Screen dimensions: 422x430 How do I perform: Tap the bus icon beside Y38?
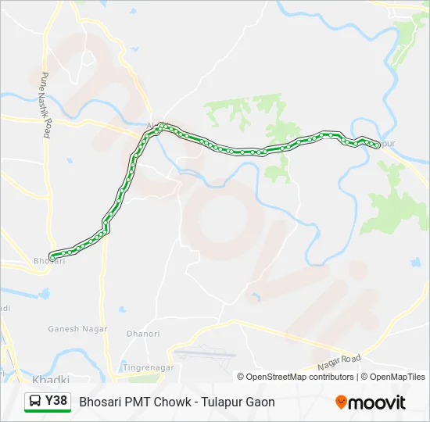pyautogui.click(x=36, y=402)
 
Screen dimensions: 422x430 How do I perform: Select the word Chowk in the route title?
pyautogui.click(x=164, y=402)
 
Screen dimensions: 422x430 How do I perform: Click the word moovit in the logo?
pyautogui.click(x=378, y=402)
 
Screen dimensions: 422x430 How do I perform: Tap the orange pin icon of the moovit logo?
pyautogui.click(x=341, y=402)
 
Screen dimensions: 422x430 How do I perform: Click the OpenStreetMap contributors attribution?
pyautogui.click(x=300, y=377)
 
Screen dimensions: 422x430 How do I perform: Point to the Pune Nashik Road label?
pyautogui.click(x=45, y=105)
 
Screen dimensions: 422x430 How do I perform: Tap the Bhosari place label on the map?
pyautogui.click(x=49, y=261)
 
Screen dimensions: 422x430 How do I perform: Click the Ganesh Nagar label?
pyautogui.click(x=74, y=329)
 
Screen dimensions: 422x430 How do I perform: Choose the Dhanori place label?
pyautogui.click(x=145, y=334)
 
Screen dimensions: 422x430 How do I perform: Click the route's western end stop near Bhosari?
pyautogui.click(x=52, y=256)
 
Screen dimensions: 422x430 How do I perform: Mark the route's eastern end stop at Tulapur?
pyautogui.click(x=378, y=145)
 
